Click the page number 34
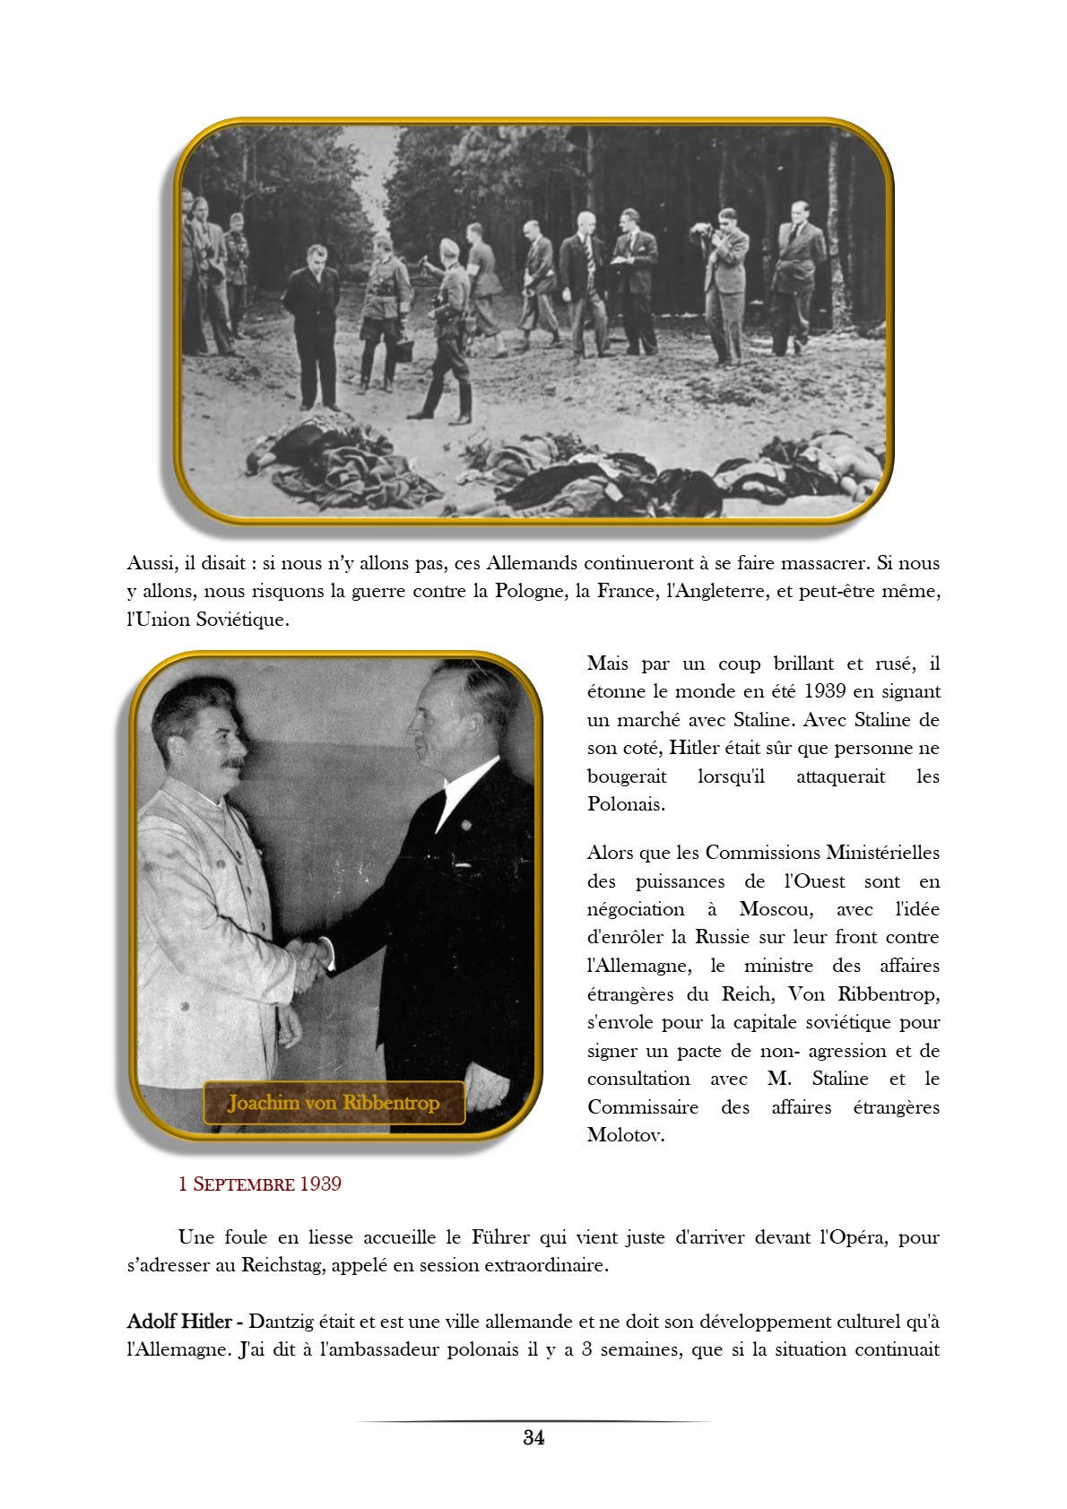533,1437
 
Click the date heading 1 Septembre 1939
259,1184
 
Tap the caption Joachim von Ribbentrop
334,1103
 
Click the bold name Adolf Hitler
179,1321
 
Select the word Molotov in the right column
625,1135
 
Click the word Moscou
776,909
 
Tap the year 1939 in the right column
824,691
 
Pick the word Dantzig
284,1321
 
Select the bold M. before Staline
778,1079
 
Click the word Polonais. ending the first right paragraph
626,803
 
